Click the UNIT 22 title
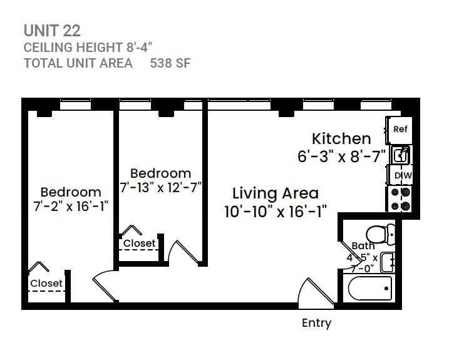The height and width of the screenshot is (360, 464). [x=52, y=30]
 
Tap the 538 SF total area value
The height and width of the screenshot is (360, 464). [x=170, y=63]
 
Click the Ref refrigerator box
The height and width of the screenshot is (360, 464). [x=400, y=130]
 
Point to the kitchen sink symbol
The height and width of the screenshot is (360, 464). [x=400, y=154]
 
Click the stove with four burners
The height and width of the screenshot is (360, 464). [x=400, y=198]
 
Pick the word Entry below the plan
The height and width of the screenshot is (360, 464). [x=316, y=323]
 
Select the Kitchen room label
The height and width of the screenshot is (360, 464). [x=341, y=138]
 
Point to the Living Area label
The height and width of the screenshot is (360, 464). [x=275, y=193]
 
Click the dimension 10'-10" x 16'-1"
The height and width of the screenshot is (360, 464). [x=275, y=212]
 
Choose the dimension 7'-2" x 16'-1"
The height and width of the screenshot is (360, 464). [x=70, y=207]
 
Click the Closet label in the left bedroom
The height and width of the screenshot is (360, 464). [x=46, y=283]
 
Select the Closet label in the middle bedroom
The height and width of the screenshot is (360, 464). [x=139, y=243]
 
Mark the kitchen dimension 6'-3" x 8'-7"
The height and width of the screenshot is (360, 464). [x=341, y=157]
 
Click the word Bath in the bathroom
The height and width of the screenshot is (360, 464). [x=363, y=246]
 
